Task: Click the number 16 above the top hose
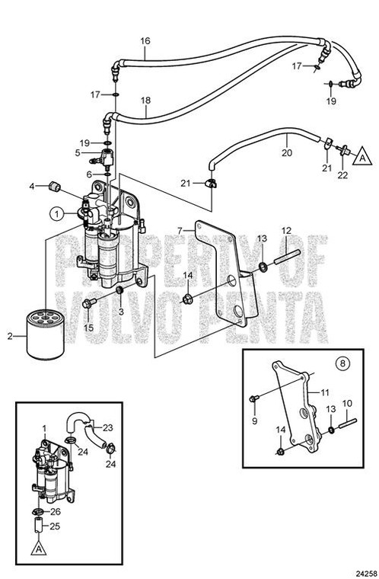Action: pos(145,40)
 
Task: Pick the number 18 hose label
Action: pos(145,100)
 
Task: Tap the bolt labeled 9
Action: pos(255,397)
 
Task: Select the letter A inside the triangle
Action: pos(362,156)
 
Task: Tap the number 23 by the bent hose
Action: pos(107,427)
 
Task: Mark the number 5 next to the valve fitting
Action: pos(78,152)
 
